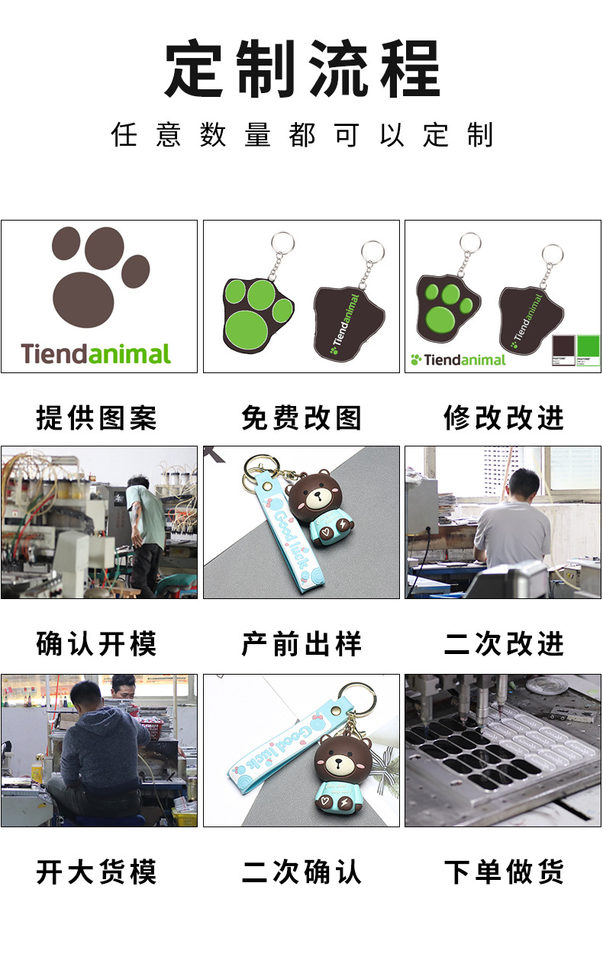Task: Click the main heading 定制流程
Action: (x=302, y=69)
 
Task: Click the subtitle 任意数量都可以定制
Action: (x=302, y=135)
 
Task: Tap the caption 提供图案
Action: (x=96, y=418)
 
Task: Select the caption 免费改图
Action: (x=301, y=418)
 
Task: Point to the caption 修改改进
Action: (x=504, y=418)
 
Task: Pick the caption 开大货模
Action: (x=96, y=872)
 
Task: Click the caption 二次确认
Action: (x=301, y=872)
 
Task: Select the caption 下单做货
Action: (x=504, y=872)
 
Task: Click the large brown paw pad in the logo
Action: (x=83, y=299)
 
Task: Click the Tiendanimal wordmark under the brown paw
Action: (x=96, y=353)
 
